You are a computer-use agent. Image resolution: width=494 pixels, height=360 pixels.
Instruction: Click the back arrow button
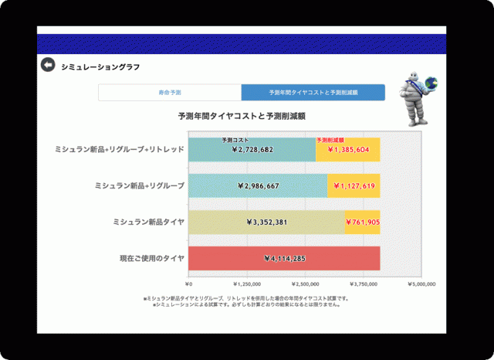pyautogui.click(x=48, y=66)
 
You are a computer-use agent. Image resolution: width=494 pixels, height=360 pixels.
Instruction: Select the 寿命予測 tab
pyautogui.click(x=169, y=93)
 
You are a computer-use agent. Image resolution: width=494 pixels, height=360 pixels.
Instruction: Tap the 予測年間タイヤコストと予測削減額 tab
pyautogui.click(x=313, y=93)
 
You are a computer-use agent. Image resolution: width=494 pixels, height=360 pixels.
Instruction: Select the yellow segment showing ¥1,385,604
pyautogui.click(x=348, y=150)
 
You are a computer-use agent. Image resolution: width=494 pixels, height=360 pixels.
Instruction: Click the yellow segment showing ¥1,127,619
pyautogui.click(x=354, y=186)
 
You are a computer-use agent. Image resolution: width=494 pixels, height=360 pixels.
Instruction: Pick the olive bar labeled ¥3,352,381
pyautogui.click(x=267, y=222)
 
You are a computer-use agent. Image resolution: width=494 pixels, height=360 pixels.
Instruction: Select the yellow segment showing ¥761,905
pyautogui.click(x=362, y=222)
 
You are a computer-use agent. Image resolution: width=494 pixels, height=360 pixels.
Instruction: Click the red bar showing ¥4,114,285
pyautogui.click(x=285, y=259)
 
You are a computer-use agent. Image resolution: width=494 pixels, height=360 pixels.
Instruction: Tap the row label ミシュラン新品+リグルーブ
pyautogui.click(x=139, y=186)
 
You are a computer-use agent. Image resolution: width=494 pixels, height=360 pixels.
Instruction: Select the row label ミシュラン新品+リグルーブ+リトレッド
pyautogui.click(x=120, y=149)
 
